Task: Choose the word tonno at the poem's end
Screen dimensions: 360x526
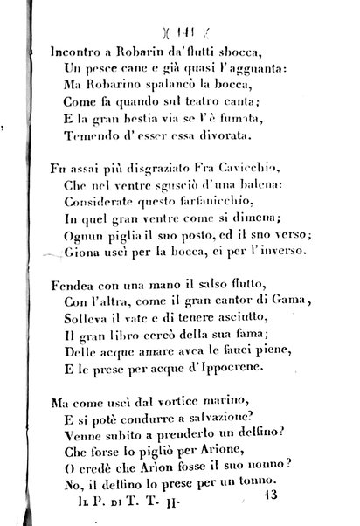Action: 260,484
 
